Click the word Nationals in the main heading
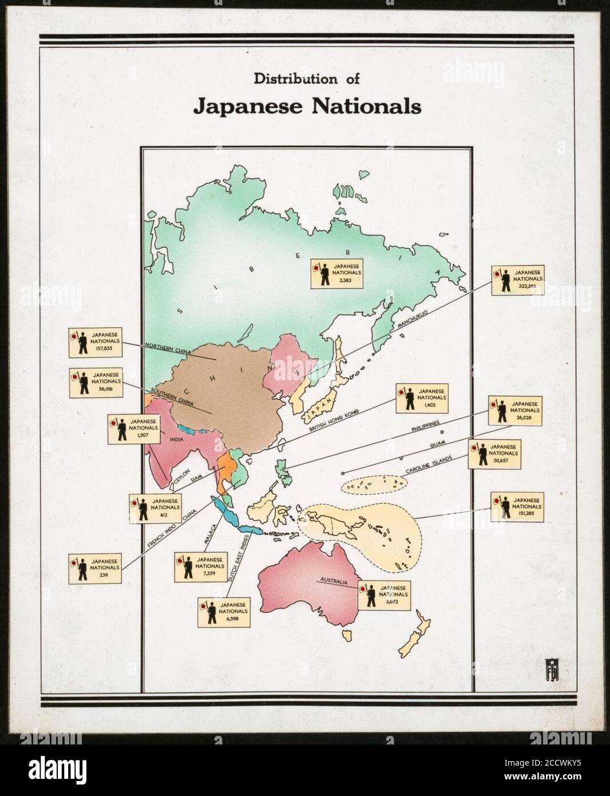pyautogui.click(x=364, y=107)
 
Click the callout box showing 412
pyautogui.click(x=154, y=506)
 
